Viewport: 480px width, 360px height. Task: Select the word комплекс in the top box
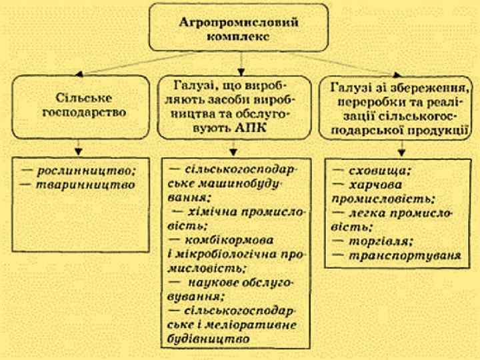pyautogui.click(x=239, y=37)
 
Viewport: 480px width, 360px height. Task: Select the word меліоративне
pyautogui.click(x=259, y=325)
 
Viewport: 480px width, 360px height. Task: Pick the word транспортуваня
pyautogui.click(x=404, y=255)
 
